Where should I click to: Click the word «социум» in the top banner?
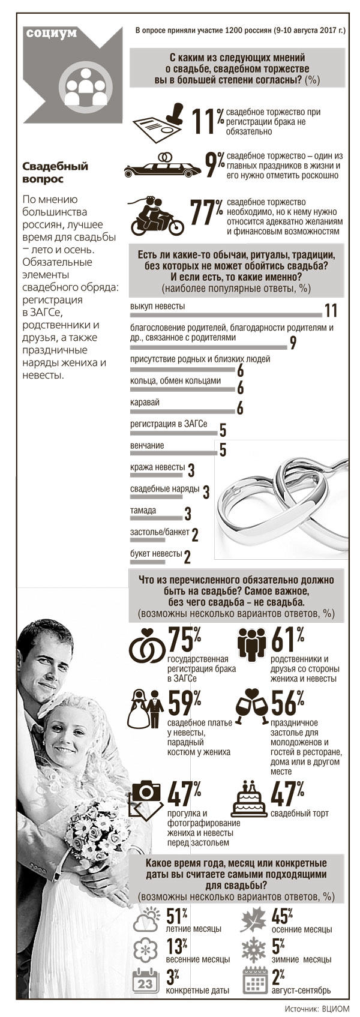[x=52, y=33]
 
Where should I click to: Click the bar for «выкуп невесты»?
[x=226, y=314]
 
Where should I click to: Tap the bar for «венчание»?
[x=173, y=454]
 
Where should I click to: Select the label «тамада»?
[x=143, y=511]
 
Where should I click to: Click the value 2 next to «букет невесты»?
[x=187, y=558]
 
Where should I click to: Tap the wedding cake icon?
[x=250, y=796]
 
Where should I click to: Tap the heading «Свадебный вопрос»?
[x=55, y=173]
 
